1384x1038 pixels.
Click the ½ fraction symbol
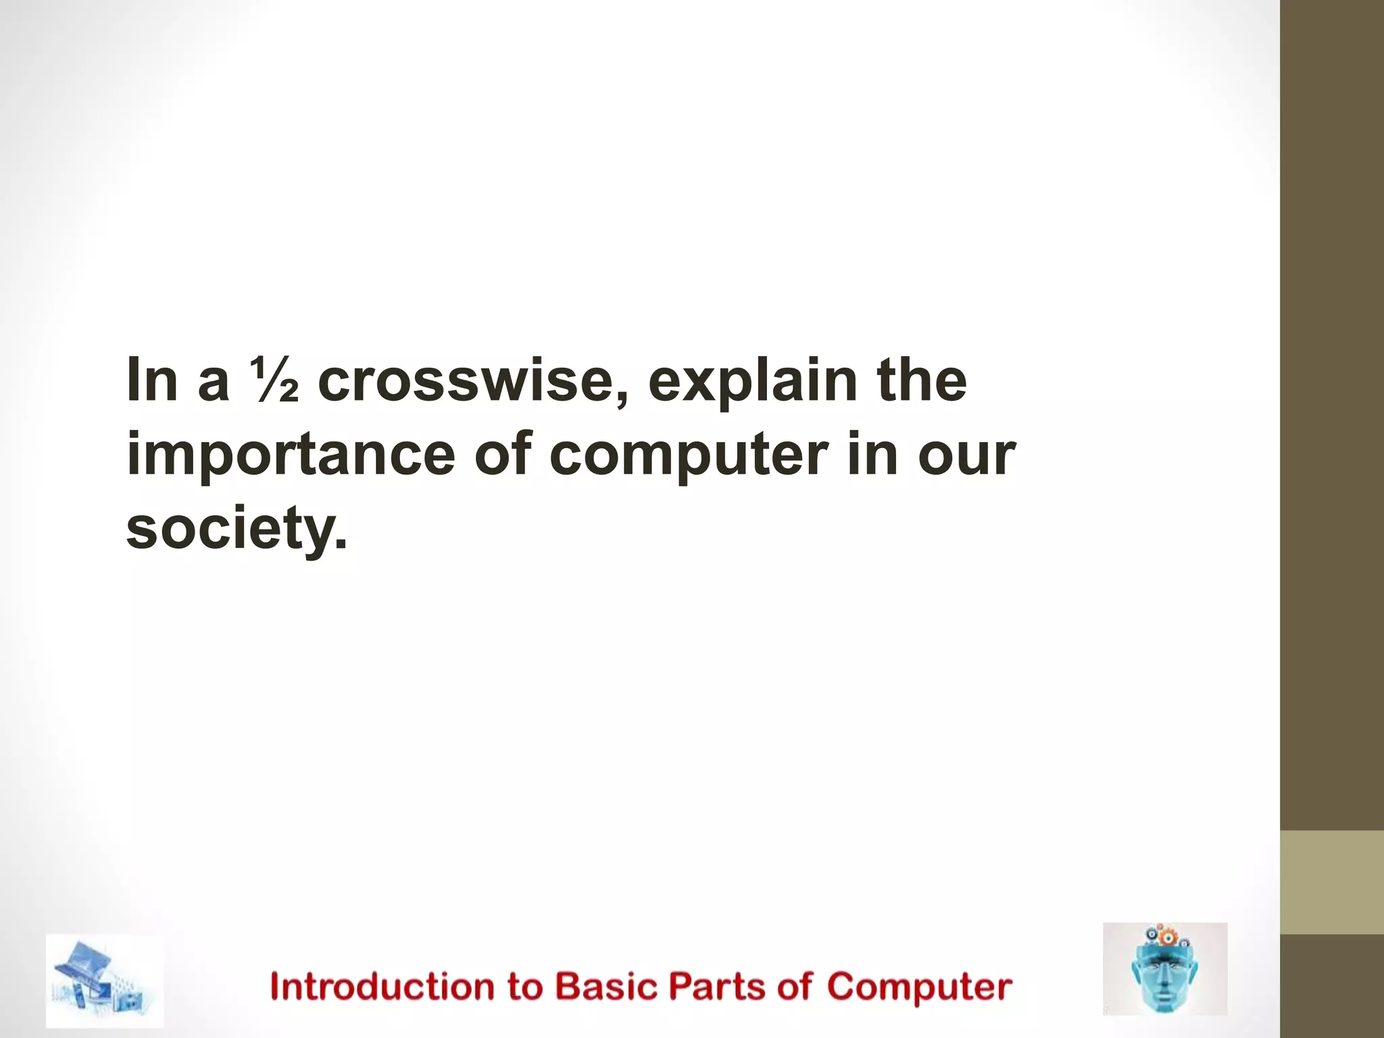pyautogui.click(x=274, y=380)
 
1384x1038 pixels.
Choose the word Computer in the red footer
pyautogui.click(x=919, y=987)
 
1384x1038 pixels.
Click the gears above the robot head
pyautogui.click(x=1164, y=937)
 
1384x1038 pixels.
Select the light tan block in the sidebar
pyautogui.click(x=1332, y=882)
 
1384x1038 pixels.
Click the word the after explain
pyautogui.click(x=922, y=380)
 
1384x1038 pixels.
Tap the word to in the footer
pyautogui.click(x=525, y=987)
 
